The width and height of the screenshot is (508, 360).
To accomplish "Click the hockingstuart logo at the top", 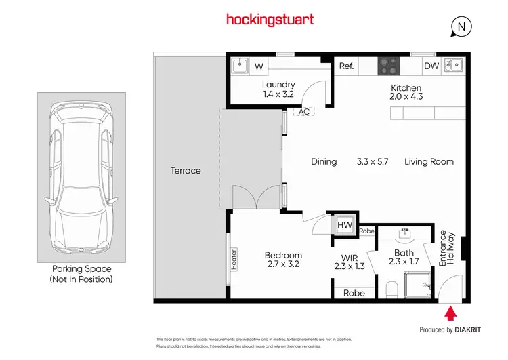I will (x=270, y=20).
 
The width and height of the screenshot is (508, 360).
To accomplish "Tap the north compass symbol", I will (x=461, y=26).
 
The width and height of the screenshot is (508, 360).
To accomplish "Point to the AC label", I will (x=304, y=112).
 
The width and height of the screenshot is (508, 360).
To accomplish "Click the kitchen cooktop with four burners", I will (x=388, y=66).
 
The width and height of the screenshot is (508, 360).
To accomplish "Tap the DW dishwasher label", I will (x=431, y=66).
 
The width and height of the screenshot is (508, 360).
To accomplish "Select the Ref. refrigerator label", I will (x=347, y=66).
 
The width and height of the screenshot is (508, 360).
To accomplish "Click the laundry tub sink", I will (x=239, y=66).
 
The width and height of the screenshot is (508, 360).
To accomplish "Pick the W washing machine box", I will (x=259, y=66).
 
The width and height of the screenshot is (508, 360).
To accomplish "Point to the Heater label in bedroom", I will (x=234, y=259).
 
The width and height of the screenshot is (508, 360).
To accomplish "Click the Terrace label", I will (x=186, y=170).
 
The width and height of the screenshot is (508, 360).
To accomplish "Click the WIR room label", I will (x=350, y=257).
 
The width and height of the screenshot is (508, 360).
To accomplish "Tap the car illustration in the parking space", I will (x=81, y=179).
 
